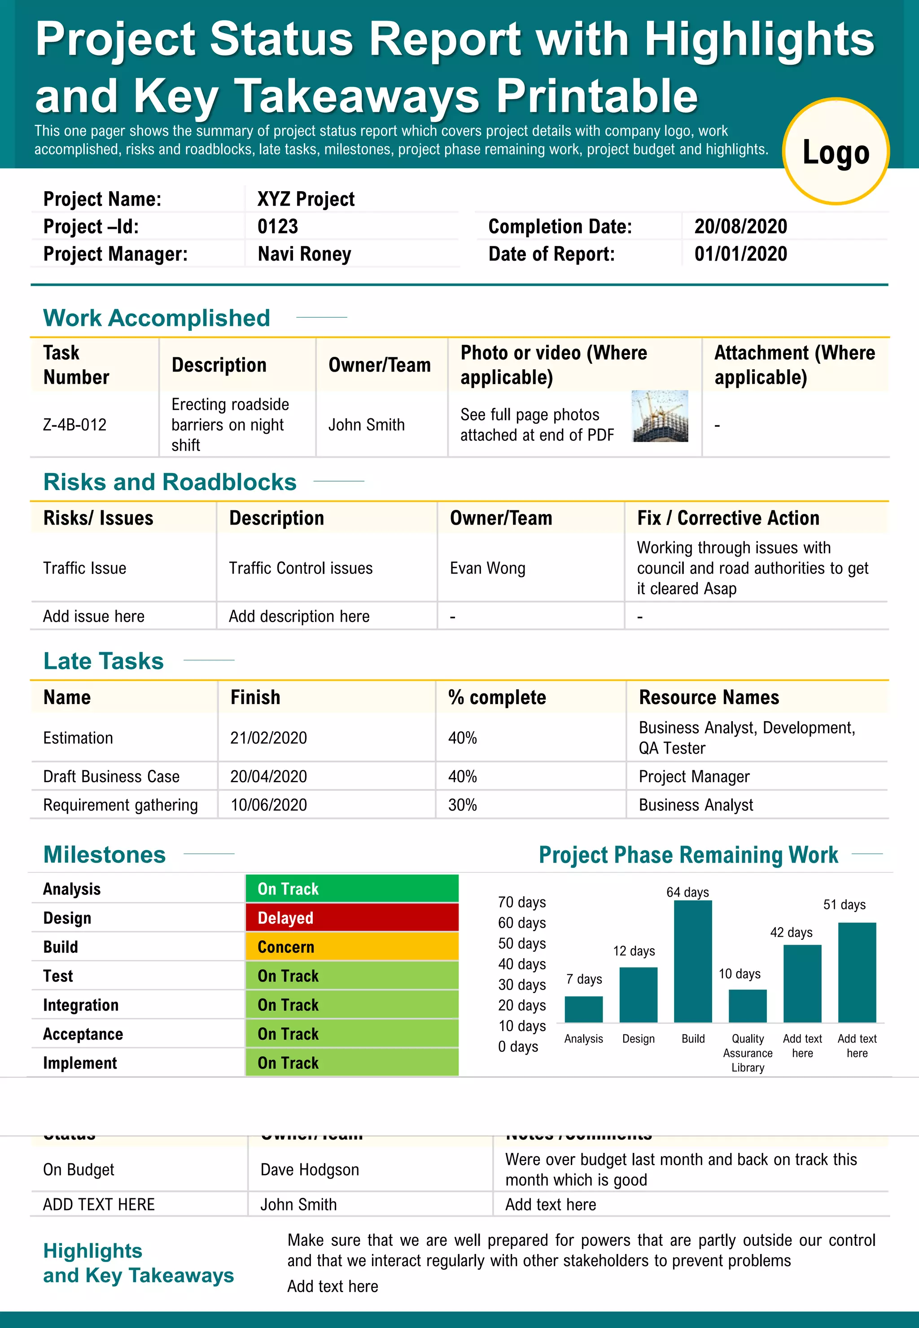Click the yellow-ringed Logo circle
click(x=836, y=151)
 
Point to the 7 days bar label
click(x=584, y=979)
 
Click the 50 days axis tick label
click(x=522, y=943)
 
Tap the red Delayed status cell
click(x=352, y=917)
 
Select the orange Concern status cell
click(x=352, y=947)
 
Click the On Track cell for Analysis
click(x=352, y=889)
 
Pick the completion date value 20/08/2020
click(x=740, y=226)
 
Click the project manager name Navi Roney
click(x=304, y=254)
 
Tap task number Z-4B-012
click(x=75, y=425)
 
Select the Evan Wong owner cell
click(x=488, y=568)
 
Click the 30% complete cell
click(x=462, y=805)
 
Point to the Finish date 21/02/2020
click(x=268, y=738)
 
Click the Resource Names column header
click(x=709, y=697)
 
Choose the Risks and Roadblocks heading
click(x=170, y=482)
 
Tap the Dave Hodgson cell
click(x=310, y=1170)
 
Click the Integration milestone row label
click(x=81, y=1005)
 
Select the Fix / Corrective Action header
click(x=728, y=518)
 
